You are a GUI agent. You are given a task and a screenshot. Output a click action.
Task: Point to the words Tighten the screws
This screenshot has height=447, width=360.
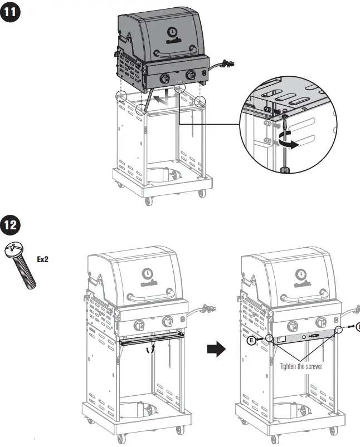(300, 366)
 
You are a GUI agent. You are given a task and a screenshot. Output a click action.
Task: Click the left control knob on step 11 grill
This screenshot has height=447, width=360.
(165, 78)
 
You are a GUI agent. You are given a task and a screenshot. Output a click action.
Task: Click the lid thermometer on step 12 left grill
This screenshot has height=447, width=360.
(147, 273)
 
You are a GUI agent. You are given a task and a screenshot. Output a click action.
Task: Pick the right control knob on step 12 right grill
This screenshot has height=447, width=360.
(322, 321)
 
